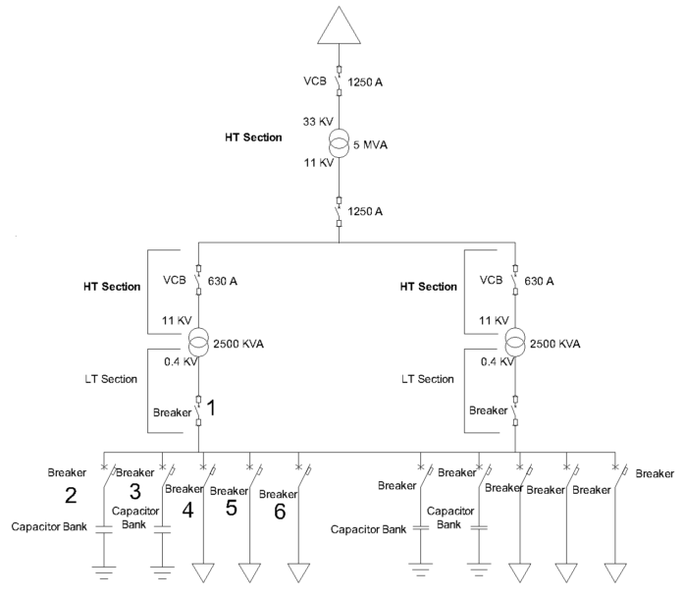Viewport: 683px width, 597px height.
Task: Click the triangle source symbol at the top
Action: (x=338, y=24)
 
